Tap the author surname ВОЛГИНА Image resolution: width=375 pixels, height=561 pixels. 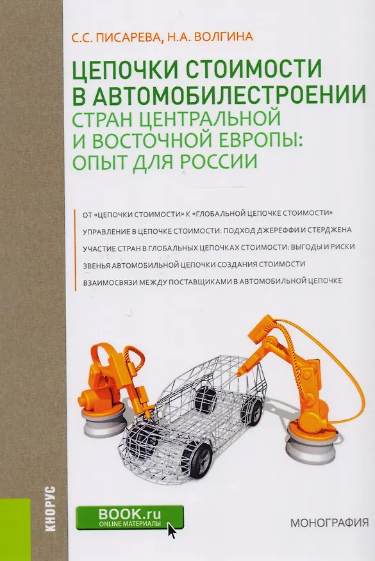point(223,37)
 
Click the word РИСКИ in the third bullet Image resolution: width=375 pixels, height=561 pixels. point(342,247)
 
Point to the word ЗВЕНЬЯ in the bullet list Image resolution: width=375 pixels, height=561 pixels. point(96,264)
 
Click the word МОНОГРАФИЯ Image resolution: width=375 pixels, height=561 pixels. point(329,523)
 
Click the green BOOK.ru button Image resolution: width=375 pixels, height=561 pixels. point(130,517)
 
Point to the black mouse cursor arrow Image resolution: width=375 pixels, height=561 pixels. point(172,530)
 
